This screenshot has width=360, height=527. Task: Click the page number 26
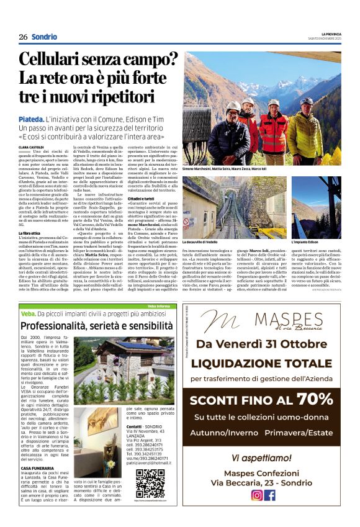point(23,37)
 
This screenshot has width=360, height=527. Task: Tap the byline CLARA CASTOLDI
point(32,146)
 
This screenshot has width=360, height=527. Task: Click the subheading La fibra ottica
point(30,233)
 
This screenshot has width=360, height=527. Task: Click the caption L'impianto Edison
point(305,241)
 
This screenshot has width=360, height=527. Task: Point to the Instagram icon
point(256,495)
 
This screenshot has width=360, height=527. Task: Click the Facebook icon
point(270,495)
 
